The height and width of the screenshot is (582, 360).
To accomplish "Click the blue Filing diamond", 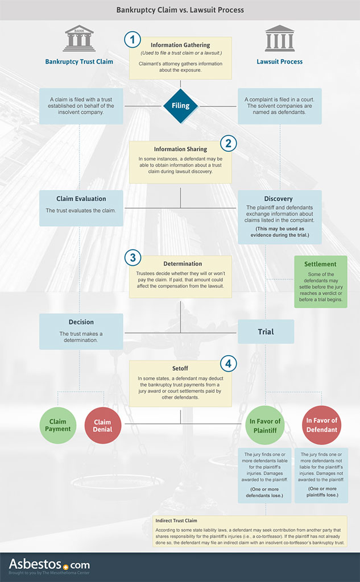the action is [x=180, y=106].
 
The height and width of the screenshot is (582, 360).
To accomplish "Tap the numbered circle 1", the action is [x=133, y=39].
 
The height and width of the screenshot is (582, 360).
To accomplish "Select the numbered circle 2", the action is [x=229, y=143].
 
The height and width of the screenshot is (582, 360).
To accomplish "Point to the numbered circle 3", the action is [x=133, y=257].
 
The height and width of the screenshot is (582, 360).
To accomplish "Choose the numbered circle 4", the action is [x=229, y=364].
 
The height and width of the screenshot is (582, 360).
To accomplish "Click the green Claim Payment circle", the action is [x=58, y=425].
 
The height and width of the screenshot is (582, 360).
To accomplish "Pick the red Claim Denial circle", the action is [x=103, y=425].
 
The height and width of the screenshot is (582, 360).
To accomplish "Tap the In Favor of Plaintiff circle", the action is [x=265, y=425].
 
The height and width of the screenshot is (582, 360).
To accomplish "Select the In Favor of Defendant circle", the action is [x=322, y=425].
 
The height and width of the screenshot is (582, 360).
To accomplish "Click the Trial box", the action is [x=266, y=331].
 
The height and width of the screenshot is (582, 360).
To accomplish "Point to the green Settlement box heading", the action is [x=320, y=264].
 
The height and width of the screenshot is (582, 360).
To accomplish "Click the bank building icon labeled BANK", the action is [x=79, y=38].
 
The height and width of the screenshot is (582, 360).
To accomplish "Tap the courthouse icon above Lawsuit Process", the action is [x=280, y=38].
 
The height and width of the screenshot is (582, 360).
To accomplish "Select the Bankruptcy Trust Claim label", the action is [x=79, y=61].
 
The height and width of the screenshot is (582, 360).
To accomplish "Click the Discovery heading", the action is [x=278, y=198].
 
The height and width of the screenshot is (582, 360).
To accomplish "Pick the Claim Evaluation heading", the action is [x=81, y=198].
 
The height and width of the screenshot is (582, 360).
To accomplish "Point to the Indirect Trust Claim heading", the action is [x=176, y=521].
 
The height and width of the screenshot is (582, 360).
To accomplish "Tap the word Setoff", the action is [x=180, y=368].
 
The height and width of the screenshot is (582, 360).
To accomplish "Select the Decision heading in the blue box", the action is [x=81, y=322].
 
